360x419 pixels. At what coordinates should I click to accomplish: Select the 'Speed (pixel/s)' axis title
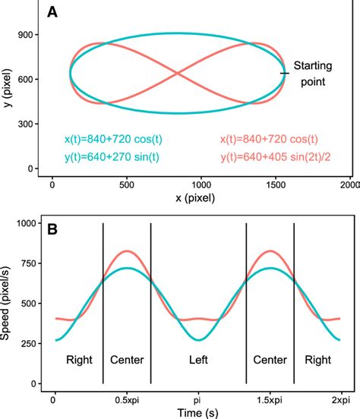(9, 304)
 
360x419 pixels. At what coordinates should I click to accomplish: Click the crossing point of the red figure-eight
(178, 74)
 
